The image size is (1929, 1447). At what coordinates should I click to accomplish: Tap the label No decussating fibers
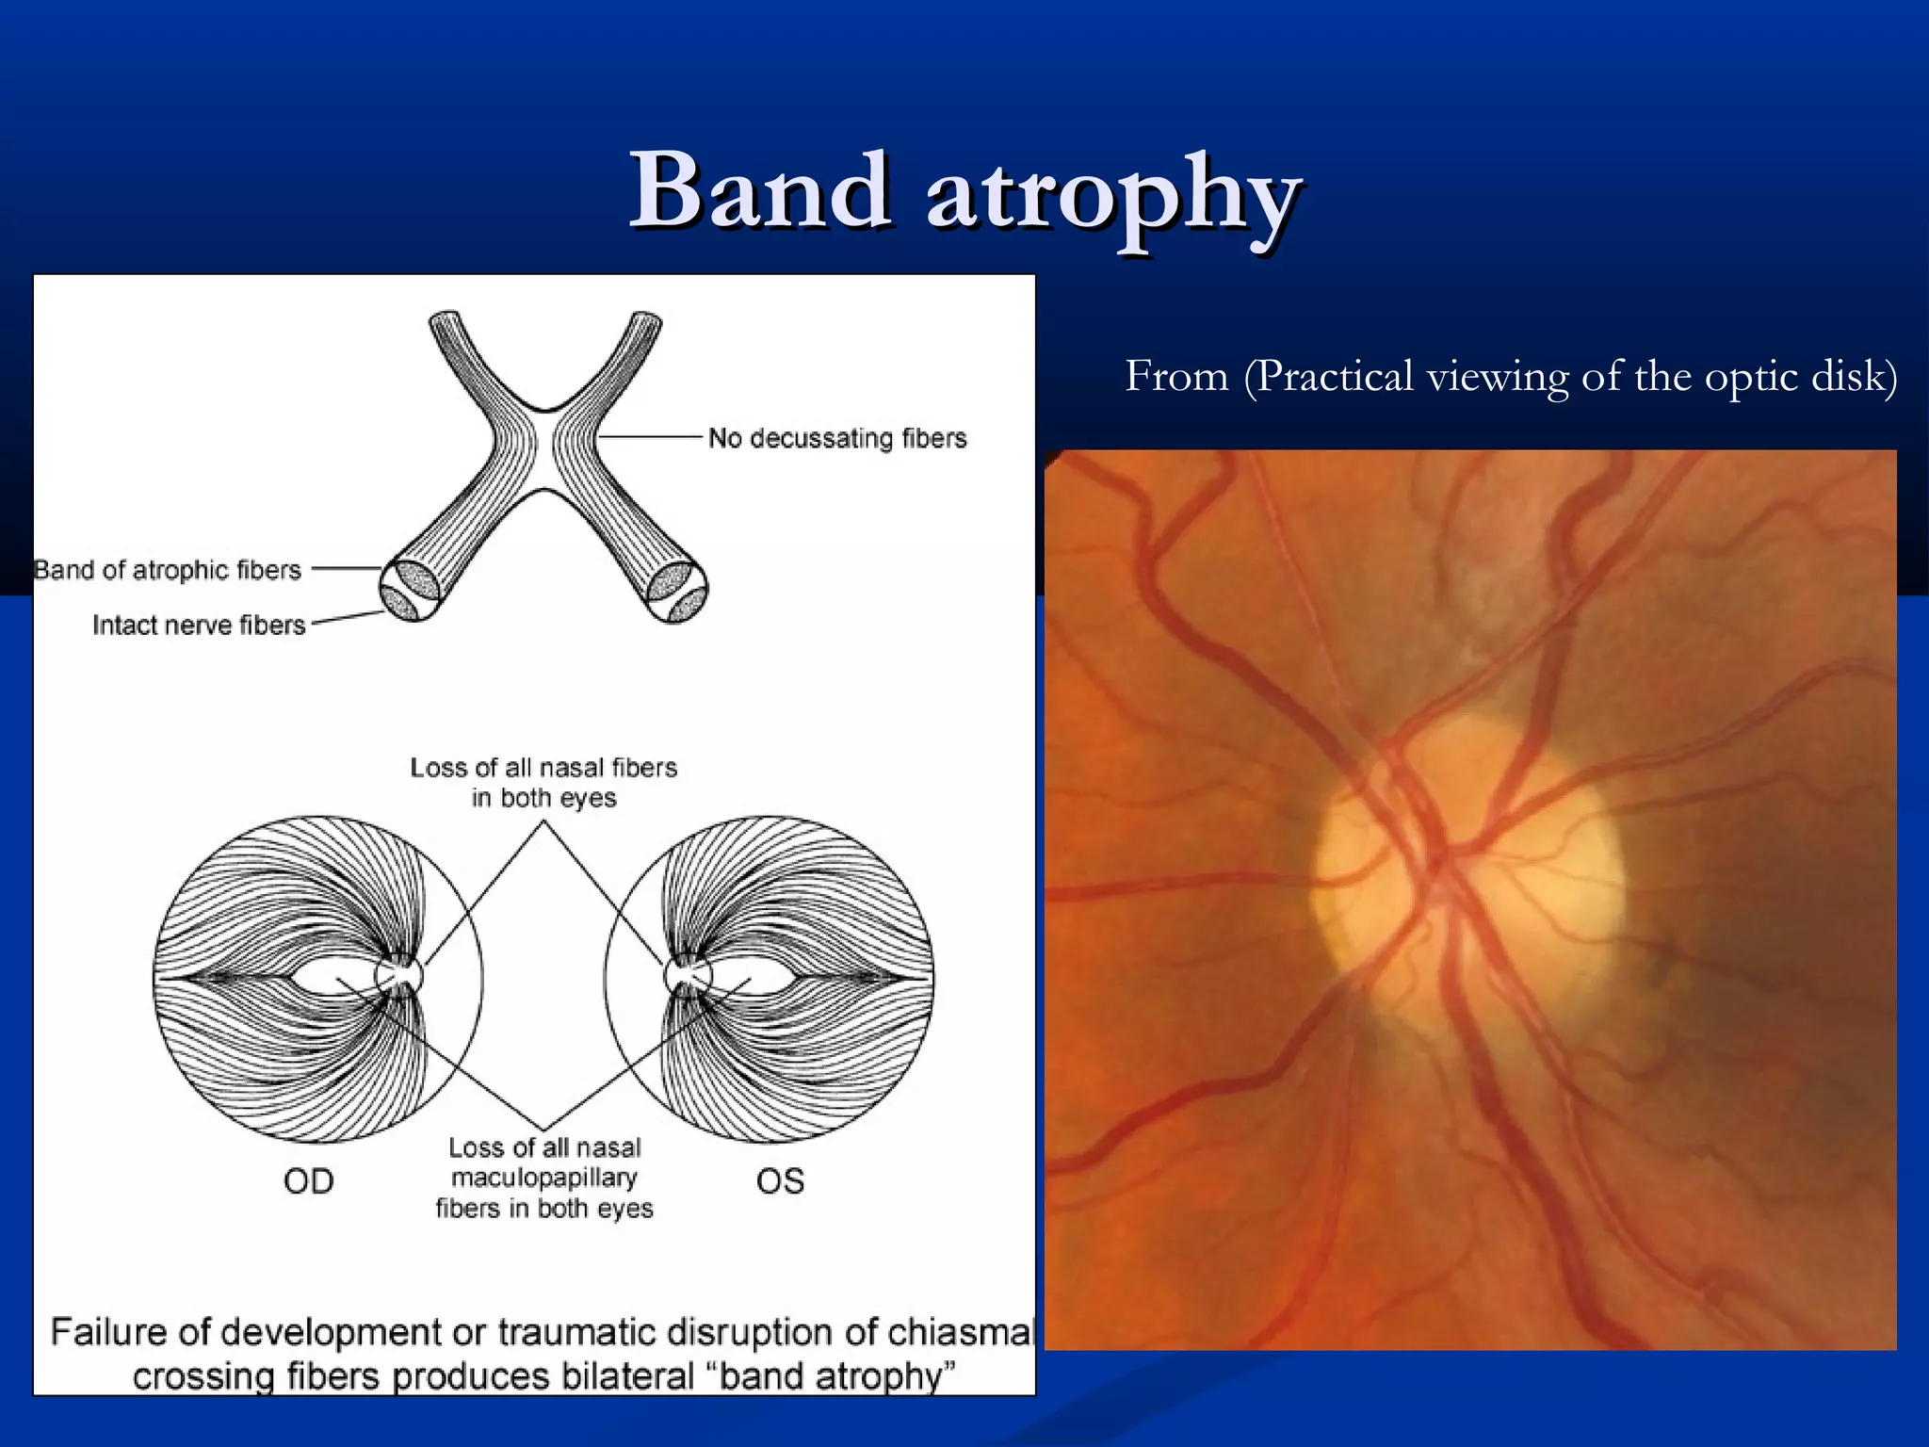click(x=837, y=438)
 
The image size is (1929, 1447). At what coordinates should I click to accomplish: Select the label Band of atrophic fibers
click(x=168, y=570)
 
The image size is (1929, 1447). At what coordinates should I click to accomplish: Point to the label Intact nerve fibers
click(x=199, y=626)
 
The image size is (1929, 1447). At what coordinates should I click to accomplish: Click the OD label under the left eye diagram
click(x=309, y=1181)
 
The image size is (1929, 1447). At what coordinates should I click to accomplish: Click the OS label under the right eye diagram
click(x=780, y=1181)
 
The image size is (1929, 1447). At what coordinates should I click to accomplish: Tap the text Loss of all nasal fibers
click(x=543, y=768)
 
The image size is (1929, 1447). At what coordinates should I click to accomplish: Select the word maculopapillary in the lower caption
click(x=544, y=1178)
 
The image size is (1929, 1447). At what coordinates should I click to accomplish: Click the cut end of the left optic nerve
click(x=410, y=590)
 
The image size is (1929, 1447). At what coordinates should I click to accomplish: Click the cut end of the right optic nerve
click(x=677, y=592)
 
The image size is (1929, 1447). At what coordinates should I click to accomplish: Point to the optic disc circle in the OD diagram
click(x=398, y=976)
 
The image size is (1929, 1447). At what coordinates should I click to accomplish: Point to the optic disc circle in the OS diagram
click(x=688, y=976)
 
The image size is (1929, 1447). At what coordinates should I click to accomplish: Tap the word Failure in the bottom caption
click(x=108, y=1332)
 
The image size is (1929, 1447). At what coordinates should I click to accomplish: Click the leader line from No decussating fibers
click(x=650, y=437)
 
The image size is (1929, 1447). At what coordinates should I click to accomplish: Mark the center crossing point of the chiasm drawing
click(x=543, y=450)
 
